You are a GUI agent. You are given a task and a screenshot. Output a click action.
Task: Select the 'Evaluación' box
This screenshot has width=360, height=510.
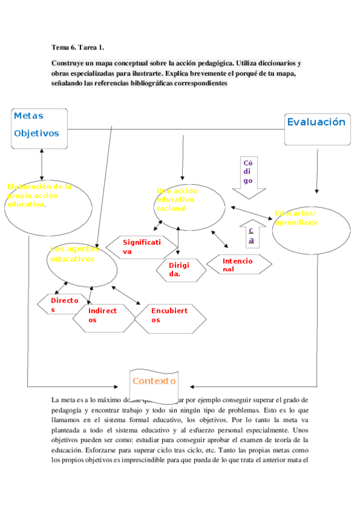[x=317, y=129]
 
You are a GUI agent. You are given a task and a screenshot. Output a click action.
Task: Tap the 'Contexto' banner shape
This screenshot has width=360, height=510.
[x=154, y=381]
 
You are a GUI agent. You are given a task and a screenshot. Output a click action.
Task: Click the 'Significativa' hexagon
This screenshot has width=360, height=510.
[x=141, y=247]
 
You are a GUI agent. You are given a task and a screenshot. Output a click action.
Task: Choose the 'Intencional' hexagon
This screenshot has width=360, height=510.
[x=239, y=265]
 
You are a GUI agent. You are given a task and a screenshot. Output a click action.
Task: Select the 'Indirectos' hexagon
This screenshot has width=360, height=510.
[x=103, y=318]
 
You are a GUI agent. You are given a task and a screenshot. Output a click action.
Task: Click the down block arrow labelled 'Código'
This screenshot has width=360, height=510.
[x=248, y=177]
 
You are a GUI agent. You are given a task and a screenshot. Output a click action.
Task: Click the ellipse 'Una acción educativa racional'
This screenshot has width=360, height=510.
[x=192, y=206]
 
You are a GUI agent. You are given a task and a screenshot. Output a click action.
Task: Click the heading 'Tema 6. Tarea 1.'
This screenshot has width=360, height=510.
[x=82, y=48]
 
